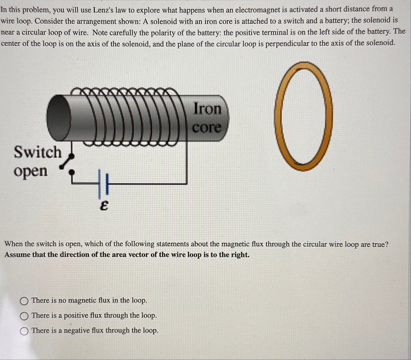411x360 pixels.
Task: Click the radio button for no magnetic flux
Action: tap(24, 301)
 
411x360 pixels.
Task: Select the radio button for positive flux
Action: tap(24, 316)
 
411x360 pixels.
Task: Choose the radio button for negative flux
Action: tap(24, 331)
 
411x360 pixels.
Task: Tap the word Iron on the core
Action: tap(207, 108)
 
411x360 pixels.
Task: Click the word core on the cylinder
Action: tap(207, 127)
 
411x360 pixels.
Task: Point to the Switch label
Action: tap(38, 152)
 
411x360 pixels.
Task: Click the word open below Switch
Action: tap(31, 171)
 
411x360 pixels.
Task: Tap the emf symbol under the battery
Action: tap(104, 206)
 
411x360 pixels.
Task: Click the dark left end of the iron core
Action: tap(59, 117)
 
